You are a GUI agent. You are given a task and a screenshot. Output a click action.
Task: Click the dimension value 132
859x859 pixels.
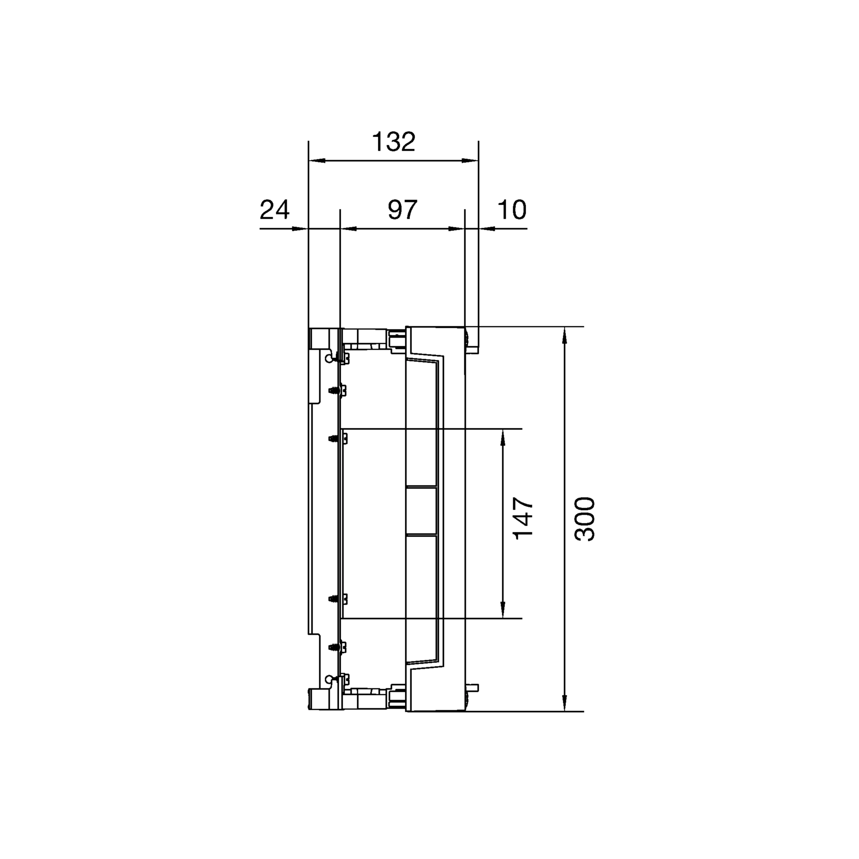pyautogui.click(x=393, y=142)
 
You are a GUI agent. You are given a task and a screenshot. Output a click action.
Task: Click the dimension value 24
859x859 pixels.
pyautogui.click(x=274, y=210)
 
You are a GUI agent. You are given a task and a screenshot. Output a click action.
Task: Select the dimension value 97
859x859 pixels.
pyautogui.click(x=402, y=210)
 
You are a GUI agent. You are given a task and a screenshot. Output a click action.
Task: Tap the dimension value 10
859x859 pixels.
pyautogui.click(x=512, y=210)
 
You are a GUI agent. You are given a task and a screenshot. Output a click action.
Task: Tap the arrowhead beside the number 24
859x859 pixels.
pyautogui.click(x=301, y=229)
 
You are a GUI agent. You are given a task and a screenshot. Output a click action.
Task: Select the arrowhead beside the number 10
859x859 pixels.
pyautogui.click(x=487, y=229)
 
